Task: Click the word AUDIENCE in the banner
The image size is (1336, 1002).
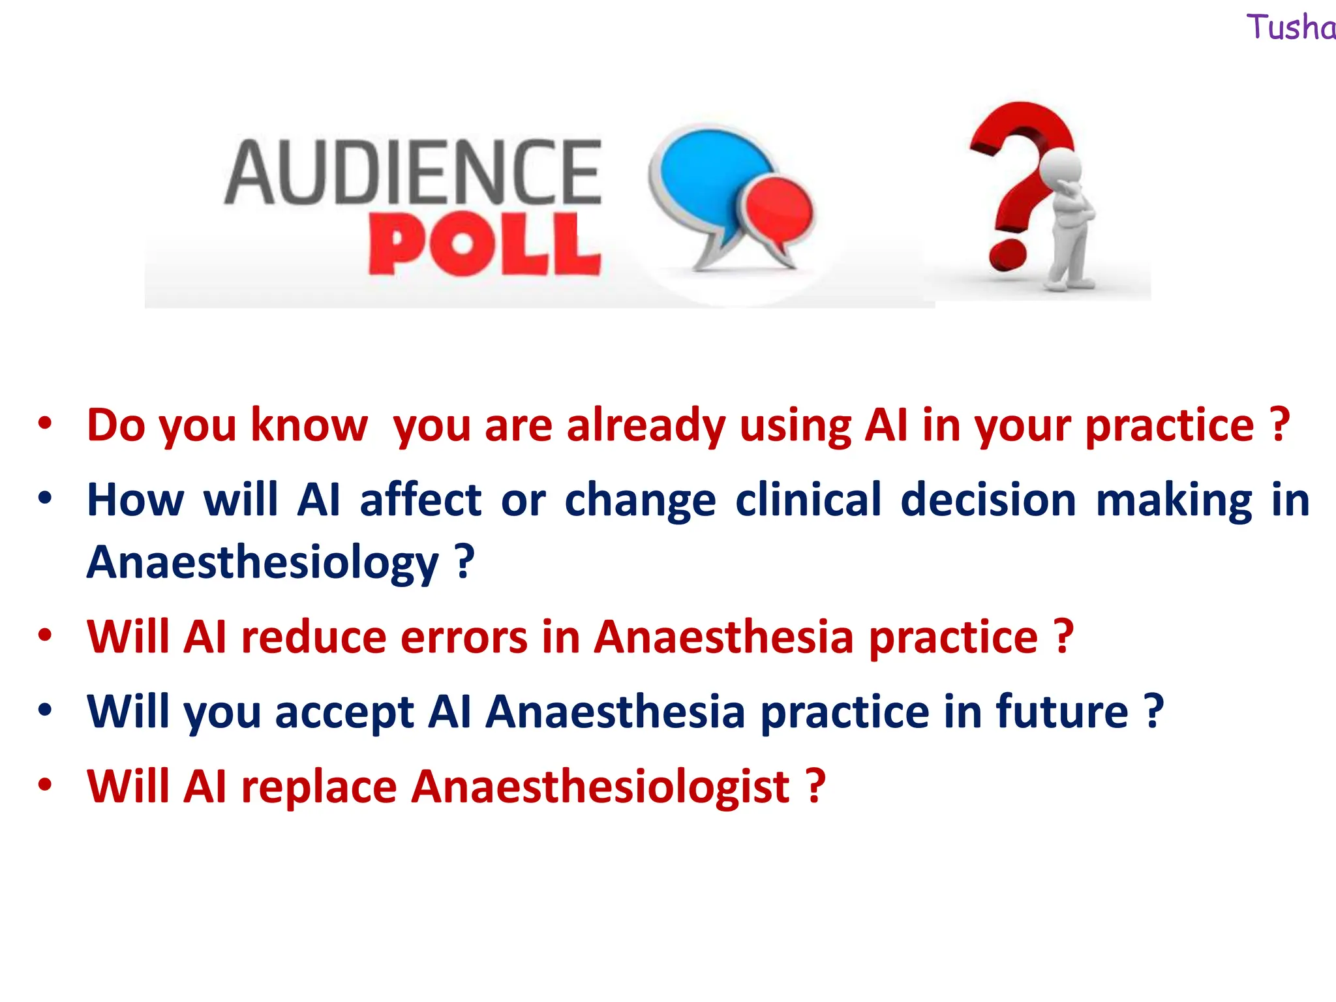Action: pyautogui.click(x=412, y=172)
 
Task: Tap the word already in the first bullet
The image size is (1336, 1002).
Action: pyautogui.click(x=646, y=425)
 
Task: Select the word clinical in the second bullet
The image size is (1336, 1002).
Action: pyautogui.click(x=808, y=500)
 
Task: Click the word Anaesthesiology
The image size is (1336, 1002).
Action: pyautogui.click(x=262, y=562)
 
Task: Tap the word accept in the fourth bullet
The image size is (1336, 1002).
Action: pyautogui.click(x=344, y=712)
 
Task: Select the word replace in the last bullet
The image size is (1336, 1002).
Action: pyautogui.click(x=318, y=787)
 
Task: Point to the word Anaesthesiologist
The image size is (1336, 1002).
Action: pyautogui.click(x=601, y=787)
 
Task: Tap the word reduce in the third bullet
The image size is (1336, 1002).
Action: pyautogui.click(x=314, y=637)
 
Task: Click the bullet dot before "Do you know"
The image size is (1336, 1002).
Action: pyautogui.click(x=44, y=424)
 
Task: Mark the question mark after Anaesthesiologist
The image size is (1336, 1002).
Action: pyautogui.click(x=816, y=787)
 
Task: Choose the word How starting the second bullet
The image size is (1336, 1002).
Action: pyautogui.click(x=136, y=500)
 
